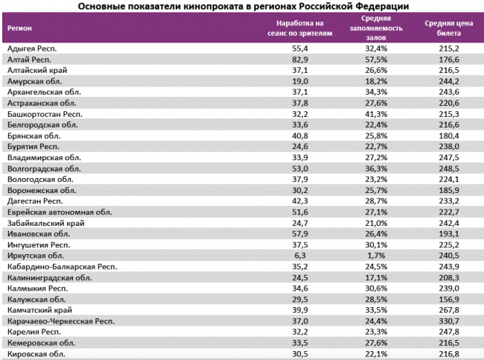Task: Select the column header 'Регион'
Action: click(20, 28)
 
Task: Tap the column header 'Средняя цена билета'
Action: click(449, 28)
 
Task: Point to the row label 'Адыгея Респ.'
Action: click(32, 48)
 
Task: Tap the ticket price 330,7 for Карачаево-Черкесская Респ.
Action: click(449, 321)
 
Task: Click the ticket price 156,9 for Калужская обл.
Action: click(449, 299)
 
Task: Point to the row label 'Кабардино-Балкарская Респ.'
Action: click(61, 266)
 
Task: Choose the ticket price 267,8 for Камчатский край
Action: click(449, 310)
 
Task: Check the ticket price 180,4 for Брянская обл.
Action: click(449, 136)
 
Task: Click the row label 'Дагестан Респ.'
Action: click(34, 201)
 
